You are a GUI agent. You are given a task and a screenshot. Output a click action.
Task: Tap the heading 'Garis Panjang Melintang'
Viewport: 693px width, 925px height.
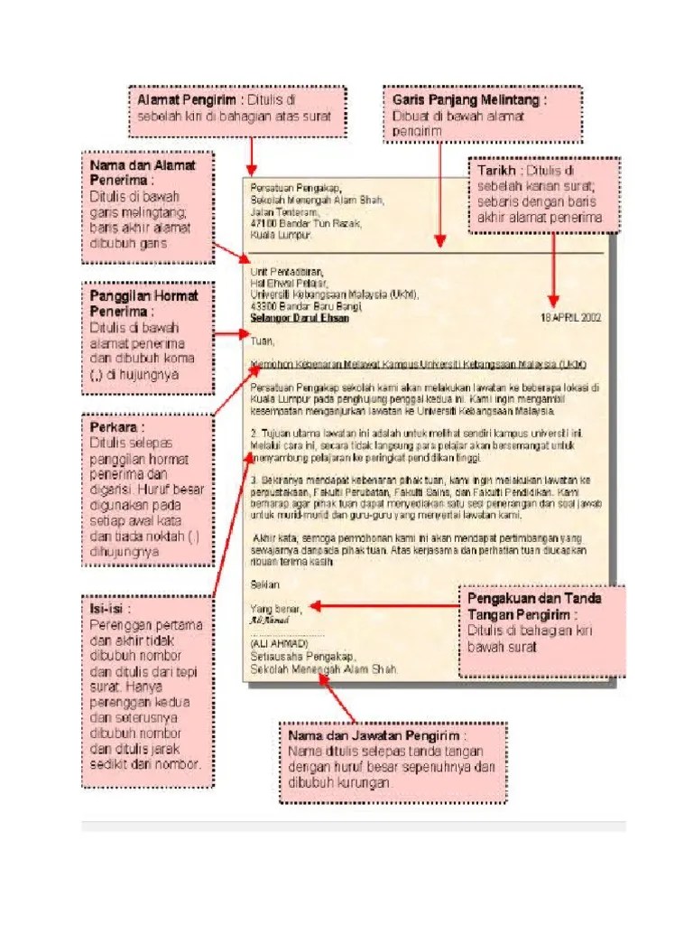[x=469, y=99]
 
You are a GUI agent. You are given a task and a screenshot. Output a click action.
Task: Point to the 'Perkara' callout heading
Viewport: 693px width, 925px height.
[x=117, y=425]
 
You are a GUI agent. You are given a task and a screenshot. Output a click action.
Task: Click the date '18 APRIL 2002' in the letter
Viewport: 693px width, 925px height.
[x=570, y=318]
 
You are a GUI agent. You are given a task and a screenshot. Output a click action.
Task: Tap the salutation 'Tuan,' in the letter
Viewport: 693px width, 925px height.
[x=261, y=341]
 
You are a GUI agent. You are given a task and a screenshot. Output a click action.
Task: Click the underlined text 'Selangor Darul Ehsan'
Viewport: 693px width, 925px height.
[x=299, y=318]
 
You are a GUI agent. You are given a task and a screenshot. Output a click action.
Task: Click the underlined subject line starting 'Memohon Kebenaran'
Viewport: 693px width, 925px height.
[x=418, y=364]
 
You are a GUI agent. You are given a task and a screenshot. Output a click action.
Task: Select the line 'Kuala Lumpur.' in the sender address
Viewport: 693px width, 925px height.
[x=281, y=234]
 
